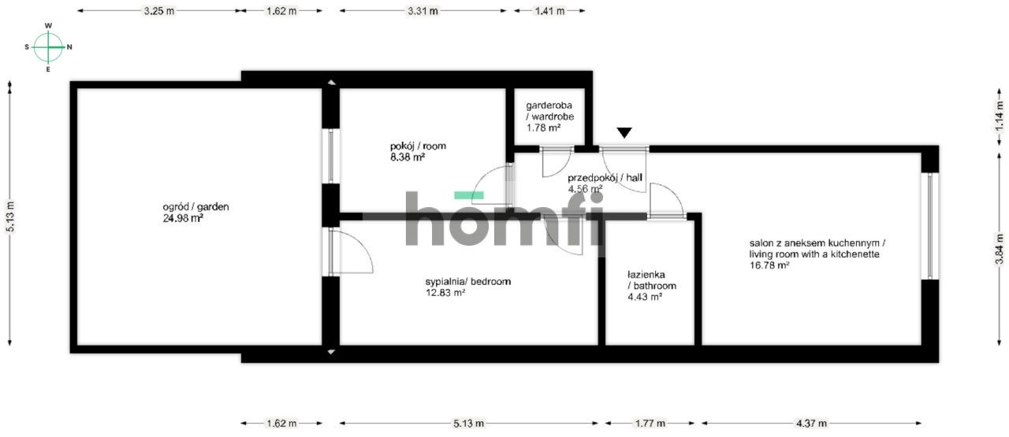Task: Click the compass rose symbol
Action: pos(48,47)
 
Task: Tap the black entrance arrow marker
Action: pos(624,133)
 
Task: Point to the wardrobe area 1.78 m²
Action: pos(543,127)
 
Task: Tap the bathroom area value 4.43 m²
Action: pos(644,297)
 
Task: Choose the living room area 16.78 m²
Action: pos(769,266)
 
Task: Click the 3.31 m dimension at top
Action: pos(423,11)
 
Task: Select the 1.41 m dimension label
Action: pos(549,11)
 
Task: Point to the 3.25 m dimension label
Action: pos(159,11)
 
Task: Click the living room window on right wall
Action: pos(930,225)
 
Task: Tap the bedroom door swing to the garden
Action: pos(349,252)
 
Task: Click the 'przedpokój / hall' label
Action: pos(605,178)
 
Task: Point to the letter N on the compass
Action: pos(69,47)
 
